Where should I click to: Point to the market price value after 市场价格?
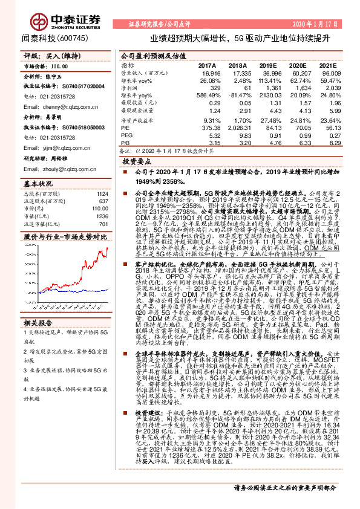(59, 68)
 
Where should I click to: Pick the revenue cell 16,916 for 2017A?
(208, 73)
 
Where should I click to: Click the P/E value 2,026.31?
(238, 128)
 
